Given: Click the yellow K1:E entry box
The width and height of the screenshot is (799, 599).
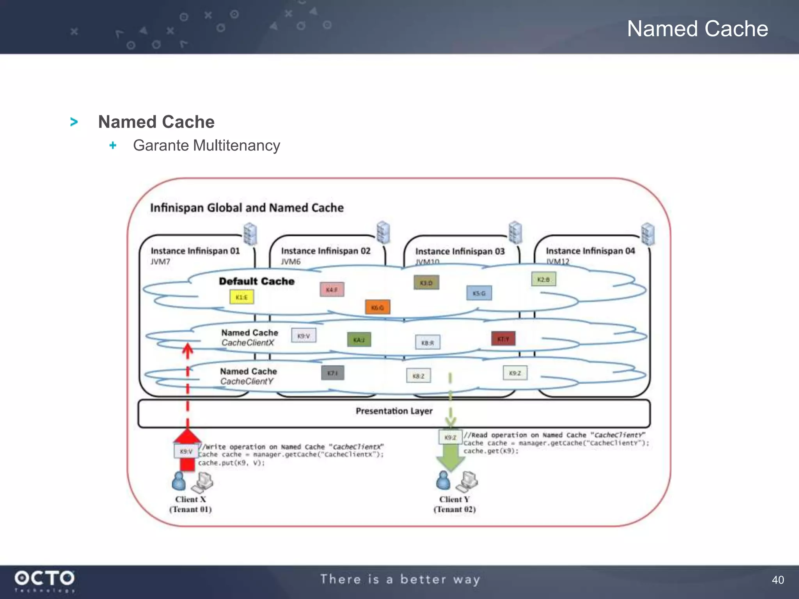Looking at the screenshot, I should tap(241, 297).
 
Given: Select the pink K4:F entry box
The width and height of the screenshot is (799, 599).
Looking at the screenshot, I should tap(332, 290).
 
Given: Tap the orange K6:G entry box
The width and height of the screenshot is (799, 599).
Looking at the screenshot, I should tap(377, 307).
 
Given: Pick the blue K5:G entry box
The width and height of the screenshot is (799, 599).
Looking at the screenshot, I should tap(479, 293).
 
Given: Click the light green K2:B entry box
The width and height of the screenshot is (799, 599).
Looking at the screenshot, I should tap(543, 279).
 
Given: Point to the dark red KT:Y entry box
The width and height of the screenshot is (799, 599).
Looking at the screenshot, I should tap(503, 338).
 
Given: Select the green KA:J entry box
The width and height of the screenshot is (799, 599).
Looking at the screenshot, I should tap(359, 340).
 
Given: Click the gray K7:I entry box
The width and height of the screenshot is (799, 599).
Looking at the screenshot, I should tap(333, 373).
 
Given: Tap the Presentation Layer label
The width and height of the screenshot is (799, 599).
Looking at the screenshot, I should tap(394, 411).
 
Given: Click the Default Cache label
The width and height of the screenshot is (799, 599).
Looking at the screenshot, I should tap(257, 281).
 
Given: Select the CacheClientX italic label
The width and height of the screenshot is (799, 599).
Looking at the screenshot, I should tap(248, 343).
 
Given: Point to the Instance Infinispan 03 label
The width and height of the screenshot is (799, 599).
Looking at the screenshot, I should tap(460, 252).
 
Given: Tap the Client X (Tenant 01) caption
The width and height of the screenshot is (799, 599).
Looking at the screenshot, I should tap(190, 504).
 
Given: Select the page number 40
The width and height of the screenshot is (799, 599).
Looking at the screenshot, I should tap(778, 580).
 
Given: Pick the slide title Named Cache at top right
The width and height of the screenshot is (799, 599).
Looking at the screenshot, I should tap(698, 29).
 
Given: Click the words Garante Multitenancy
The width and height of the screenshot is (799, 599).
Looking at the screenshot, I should tap(206, 145).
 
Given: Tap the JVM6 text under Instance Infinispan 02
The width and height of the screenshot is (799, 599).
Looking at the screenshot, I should tap(291, 261).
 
